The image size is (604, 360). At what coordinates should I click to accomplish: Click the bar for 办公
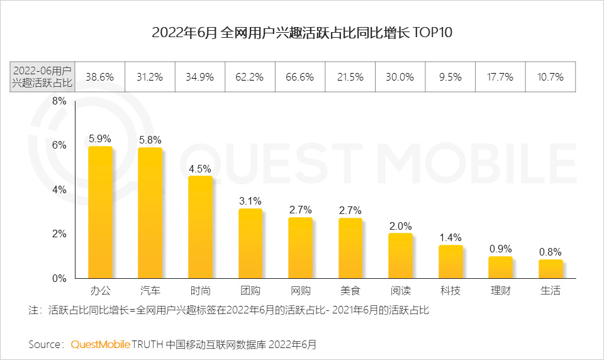pos(100,212)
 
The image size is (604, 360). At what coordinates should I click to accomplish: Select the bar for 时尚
pos(200,227)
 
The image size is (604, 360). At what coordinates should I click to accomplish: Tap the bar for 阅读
pos(400,256)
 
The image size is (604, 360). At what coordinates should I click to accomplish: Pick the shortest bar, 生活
pos(551,269)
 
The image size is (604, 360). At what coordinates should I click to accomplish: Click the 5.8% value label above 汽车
pos(150,139)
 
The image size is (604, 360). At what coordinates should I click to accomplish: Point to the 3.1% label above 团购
pos(250,201)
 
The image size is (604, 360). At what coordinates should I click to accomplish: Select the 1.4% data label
pos(450,237)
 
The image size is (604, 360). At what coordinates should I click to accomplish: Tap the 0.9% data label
pos(500,249)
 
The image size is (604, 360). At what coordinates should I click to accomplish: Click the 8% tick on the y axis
pos(59,101)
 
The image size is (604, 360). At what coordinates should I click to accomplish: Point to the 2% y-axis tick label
pos(59,233)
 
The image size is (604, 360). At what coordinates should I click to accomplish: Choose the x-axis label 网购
pos(300,291)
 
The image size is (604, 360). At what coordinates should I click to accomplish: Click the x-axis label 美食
pos(350,291)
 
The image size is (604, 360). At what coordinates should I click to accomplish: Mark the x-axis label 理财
pos(500,291)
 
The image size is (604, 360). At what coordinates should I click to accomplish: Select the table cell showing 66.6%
pos(300,77)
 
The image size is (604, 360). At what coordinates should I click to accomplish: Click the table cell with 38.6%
pos(100,77)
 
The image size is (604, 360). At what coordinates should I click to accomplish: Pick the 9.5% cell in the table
pos(450,77)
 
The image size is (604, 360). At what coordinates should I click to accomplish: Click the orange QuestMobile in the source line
pos(101,344)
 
